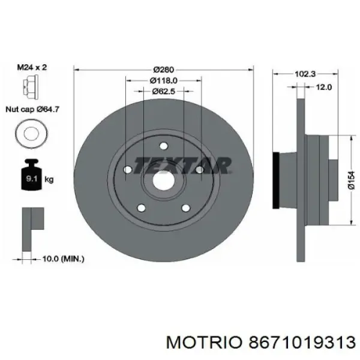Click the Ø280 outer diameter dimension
click(163, 70)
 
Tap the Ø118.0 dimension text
click(164, 80)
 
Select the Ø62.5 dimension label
click(163, 91)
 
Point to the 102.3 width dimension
click(305, 74)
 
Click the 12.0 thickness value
click(324, 87)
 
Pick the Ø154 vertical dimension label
click(351, 181)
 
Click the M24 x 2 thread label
click(32, 67)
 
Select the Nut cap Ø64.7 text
click(32, 109)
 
